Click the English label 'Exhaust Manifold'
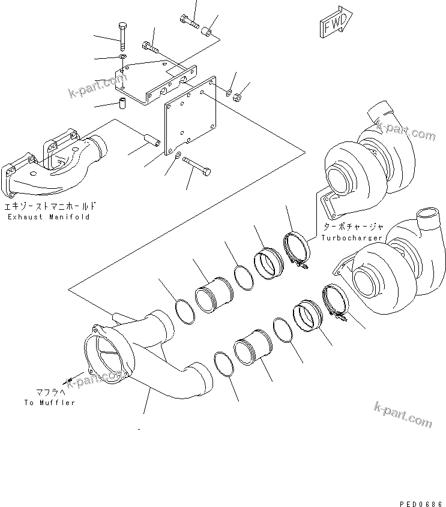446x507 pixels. click(49, 216)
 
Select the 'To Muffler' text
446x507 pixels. click(50, 403)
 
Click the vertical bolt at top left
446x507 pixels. click(122, 36)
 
